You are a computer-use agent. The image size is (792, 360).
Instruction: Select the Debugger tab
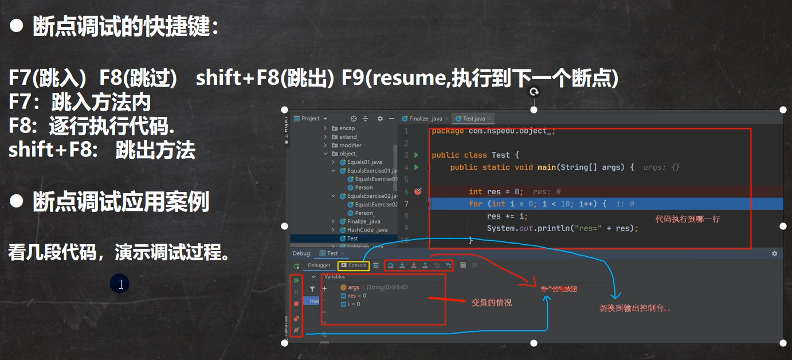pos(319,265)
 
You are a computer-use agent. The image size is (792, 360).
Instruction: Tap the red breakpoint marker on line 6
pos(418,191)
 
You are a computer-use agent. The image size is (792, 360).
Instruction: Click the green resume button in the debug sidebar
pos(296,280)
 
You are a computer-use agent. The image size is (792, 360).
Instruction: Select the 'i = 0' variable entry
pos(354,304)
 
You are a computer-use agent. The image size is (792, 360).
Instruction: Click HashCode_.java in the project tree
pos(367,230)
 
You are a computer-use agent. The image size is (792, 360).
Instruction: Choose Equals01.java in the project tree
pos(364,162)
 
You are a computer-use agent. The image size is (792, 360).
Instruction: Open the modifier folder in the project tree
pos(350,145)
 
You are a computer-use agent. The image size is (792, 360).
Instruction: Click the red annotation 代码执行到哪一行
pos(687,219)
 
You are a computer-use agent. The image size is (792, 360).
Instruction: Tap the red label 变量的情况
pos(491,302)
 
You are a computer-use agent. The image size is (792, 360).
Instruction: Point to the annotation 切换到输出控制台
pos(635,308)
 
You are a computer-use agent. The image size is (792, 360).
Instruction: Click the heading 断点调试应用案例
pos(120,202)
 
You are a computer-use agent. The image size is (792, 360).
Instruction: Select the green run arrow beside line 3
pos(417,155)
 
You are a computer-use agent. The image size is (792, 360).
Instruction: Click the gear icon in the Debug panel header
pos(774,253)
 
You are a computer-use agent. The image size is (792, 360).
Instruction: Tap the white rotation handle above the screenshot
pos(534,92)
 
